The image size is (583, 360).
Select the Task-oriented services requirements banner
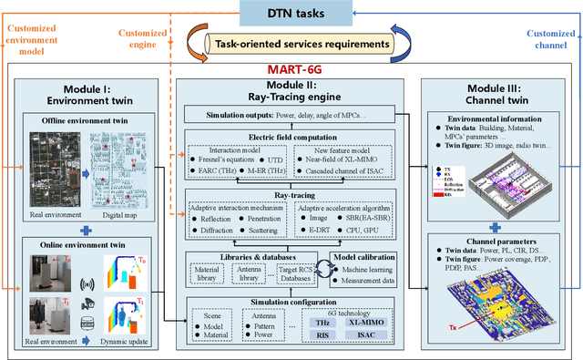pos(291,43)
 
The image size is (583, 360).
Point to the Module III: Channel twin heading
pos(496,94)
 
